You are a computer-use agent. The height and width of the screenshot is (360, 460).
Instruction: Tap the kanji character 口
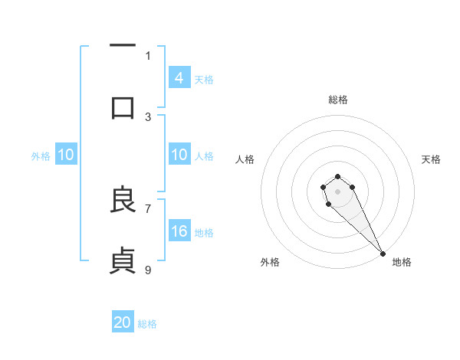(x=123, y=108)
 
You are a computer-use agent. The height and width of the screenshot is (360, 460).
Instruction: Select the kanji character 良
(x=123, y=200)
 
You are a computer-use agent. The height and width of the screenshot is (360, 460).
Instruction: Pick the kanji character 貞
(x=123, y=260)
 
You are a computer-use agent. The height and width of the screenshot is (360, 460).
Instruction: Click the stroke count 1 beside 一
(x=148, y=55)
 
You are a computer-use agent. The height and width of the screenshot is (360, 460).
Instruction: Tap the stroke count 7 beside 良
(x=148, y=208)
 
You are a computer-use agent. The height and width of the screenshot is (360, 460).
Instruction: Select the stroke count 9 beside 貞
(x=148, y=269)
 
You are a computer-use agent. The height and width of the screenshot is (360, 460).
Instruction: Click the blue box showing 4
(x=179, y=77)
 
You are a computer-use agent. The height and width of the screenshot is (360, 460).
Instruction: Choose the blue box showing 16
(x=179, y=231)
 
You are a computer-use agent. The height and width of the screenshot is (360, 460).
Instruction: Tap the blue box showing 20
(x=123, y=322)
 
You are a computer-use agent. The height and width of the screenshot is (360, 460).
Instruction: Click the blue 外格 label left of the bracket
(x=41, y=155)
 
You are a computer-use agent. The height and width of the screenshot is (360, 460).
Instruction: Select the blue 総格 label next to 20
(x=147, y=324)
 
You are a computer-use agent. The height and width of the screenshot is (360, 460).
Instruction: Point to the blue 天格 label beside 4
(x=204, y=79)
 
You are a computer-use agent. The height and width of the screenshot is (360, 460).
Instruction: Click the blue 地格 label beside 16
(x=204, y=232)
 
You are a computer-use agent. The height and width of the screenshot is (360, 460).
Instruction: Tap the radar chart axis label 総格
(x=338, y=100)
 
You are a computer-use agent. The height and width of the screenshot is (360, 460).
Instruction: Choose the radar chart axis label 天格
(x=431, y=159)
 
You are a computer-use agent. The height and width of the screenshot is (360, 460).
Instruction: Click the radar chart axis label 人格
(x=245, y=159)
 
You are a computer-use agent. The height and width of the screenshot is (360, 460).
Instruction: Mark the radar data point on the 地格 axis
(x=383, y=253)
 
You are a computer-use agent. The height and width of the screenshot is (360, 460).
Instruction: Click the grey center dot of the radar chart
(x=338, y=191)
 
